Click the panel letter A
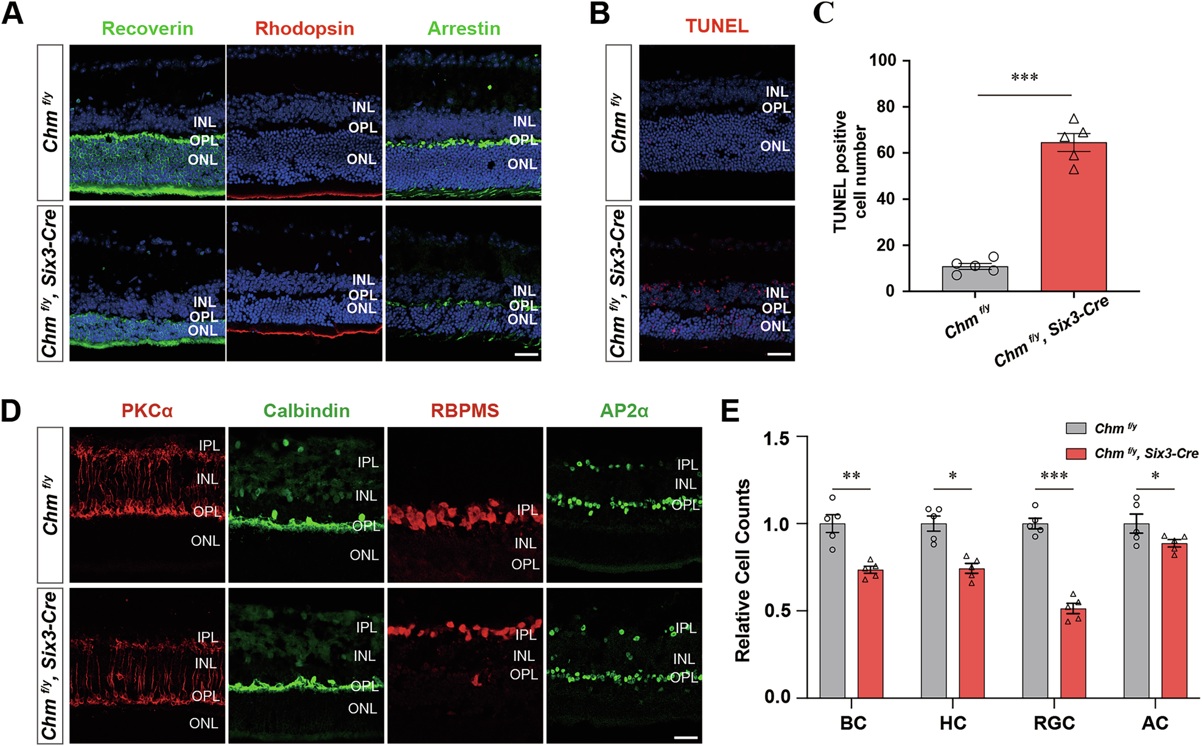(x=13, y=13)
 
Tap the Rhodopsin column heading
(x=304, y=29)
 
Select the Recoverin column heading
(x=147, y=29)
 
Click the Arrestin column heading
(x=464, y=29)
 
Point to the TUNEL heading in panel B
(x=717, y=26)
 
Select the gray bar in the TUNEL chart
(x=975, y=279)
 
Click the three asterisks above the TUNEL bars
(x=1024, y=78)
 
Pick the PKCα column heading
(x=147, y=411)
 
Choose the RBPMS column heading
(x=465, y=411)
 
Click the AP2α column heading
(x=624, y=411)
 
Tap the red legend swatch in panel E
(x=1076, y=453)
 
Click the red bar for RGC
(x=1073, y=654)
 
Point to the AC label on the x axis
(x=1155, y=723)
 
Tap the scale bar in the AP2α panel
(x=686, y=737)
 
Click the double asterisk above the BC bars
(x=851, y=476)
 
